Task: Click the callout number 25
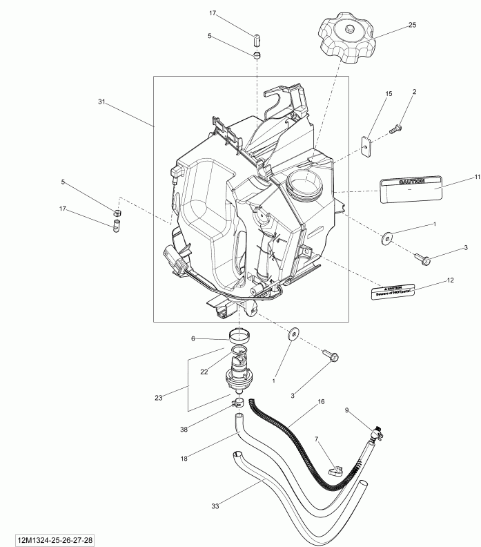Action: click(412, 25)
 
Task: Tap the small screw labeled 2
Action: click(395, 128)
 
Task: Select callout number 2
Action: click(415, 91)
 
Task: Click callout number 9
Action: click(347, 410)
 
